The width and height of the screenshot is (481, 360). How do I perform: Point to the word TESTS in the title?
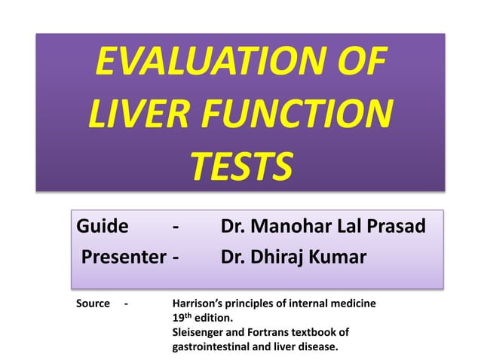pyautogui.click(x=240, y=167)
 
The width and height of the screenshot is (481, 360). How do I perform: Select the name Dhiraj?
pyautogui.click(x=283, y=258)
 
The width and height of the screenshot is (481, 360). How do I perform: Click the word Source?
pyautogui.click(x=93, y=304)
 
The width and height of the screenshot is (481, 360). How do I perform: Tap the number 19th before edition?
pyautogui.click(x=182, y=318)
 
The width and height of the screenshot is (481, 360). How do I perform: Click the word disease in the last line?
pyautogui.click(x=318, y=346)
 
